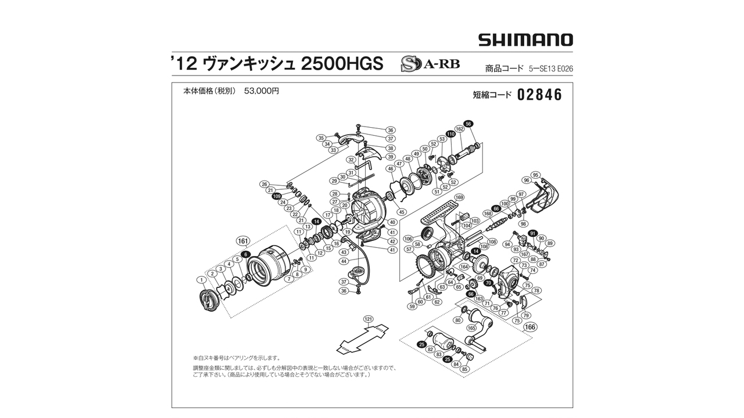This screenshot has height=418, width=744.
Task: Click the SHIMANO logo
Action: click(x=525, y=40)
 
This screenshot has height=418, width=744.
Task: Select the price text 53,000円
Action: click(x=262, y=91)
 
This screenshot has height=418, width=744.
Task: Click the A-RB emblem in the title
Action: click(x=430, y=64)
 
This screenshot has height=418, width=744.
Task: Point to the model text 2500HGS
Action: click(x=342, y=64)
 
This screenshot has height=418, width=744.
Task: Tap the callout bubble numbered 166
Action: click(x=530, y=327)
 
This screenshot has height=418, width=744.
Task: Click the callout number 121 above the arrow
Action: click(x=368, y=319)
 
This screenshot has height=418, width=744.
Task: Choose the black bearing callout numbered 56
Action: click(x=468, y=123)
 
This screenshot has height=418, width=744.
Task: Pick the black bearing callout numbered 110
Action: click(x=450, y=134)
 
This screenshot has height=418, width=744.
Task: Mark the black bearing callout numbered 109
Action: click(x=277, y=196)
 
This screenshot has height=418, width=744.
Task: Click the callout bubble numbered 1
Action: click(x=202, y=280)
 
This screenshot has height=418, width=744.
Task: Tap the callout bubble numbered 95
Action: click(x=535, y=175)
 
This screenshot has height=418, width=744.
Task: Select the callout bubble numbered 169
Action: click(x=459, y=197)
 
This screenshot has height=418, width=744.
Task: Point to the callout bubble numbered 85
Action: click(x=464, y=369)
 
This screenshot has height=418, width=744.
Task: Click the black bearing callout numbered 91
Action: click(x=532, y=233)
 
